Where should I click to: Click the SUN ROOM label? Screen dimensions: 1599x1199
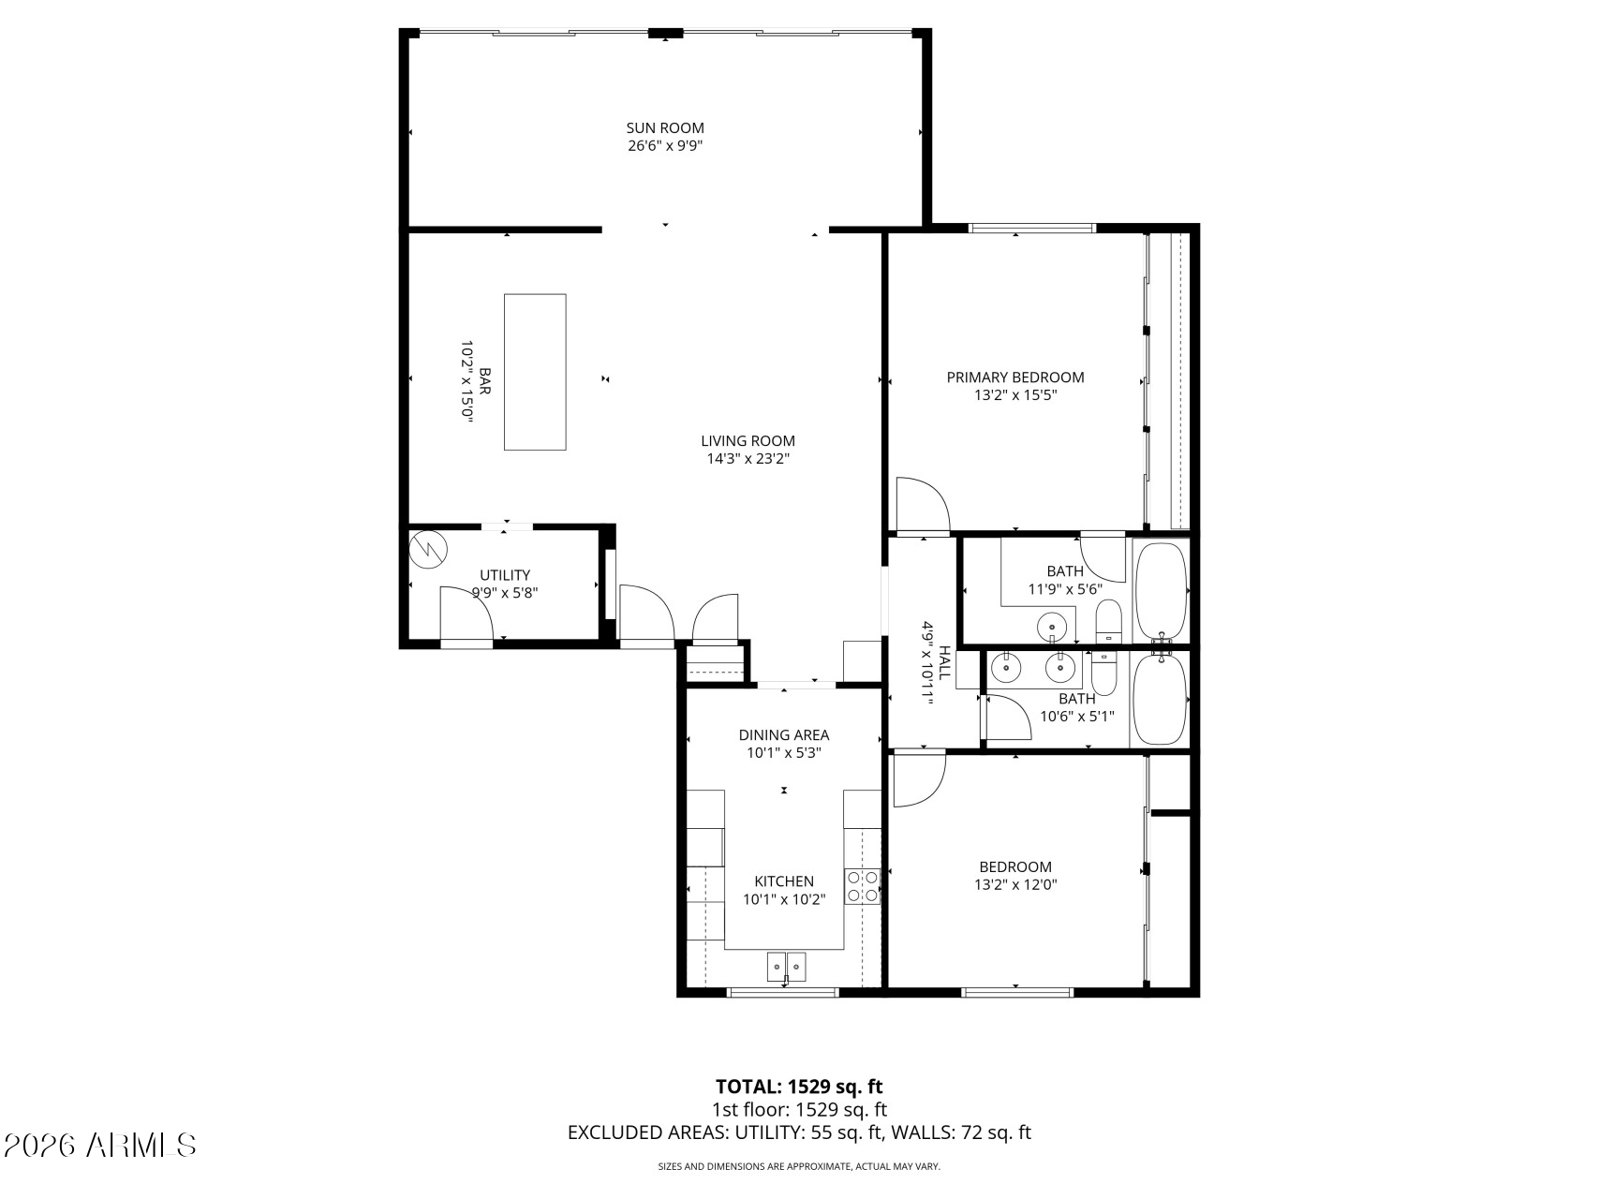click(x=665, y=128)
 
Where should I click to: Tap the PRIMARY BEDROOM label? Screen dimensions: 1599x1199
click(x=1015, y=377)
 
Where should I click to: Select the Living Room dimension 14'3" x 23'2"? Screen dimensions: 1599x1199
click(x=748, y=459)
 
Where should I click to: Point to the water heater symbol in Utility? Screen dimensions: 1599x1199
click(x=429, y=550)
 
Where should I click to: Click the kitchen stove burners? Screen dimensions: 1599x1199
click(x=863, y=886)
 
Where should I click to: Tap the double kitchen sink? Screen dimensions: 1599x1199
click(x=787, y=967)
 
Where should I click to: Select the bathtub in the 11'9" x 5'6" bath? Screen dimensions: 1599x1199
click(x=1162, y=591)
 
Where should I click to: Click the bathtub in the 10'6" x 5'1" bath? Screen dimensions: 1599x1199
click(x=1160, y=700)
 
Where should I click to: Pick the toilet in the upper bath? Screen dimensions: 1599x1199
click(x=1109, y=622)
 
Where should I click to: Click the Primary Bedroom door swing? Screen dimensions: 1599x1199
click(x=924, y=506)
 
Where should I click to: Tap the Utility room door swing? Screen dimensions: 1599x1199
click(x=466, y=614)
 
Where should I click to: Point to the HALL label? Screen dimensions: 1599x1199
click(x=945, y=662)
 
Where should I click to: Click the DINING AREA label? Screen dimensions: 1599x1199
click(x=784, y=735)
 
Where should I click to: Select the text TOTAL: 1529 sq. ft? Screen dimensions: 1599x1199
click(x=799, y=1087)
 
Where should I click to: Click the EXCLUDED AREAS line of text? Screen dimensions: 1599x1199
click(x=799, y=1132)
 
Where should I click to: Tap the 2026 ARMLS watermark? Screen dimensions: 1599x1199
click(x=100, y=1145)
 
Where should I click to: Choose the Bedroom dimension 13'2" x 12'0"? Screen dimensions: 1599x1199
click(x=1015, y=884)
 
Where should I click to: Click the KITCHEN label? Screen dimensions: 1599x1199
click(x=784, y=881)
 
